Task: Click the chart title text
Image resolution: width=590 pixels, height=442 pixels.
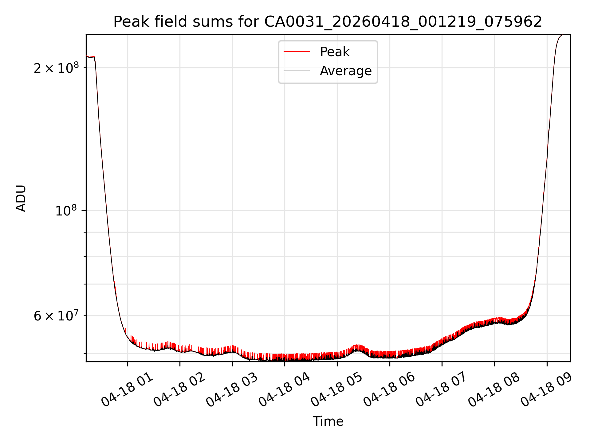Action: click(x=328, y=22)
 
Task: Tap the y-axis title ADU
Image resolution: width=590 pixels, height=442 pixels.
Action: click(x=21, y=198)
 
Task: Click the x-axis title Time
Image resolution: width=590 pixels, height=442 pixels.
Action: click(x=328, y=421)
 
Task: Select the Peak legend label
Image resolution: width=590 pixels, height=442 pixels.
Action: click(x=335, y=52)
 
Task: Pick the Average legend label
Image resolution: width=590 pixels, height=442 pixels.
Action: click(x=346, y=71)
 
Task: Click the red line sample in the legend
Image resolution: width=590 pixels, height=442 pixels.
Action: click(x=297, y=52)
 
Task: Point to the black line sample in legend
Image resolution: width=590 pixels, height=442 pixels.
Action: click(x=297, y=71)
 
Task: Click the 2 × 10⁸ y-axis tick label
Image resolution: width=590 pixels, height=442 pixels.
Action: click(x=56, y=68)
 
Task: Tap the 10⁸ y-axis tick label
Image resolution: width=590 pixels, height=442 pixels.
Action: click(x=66, y=211)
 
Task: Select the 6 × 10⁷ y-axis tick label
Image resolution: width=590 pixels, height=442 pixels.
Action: click(x=56, y=316)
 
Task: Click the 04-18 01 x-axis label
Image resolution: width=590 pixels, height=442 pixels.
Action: click(x=127, y=390)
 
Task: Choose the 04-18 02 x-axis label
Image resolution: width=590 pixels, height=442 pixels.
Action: click(x=179, y=390)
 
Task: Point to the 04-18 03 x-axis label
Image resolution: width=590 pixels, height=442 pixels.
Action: click(x=232, y=390)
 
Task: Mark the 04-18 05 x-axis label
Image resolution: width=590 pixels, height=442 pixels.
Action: click(x=337, y=390)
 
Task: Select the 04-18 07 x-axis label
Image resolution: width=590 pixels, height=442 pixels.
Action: click(x=442, y=390)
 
